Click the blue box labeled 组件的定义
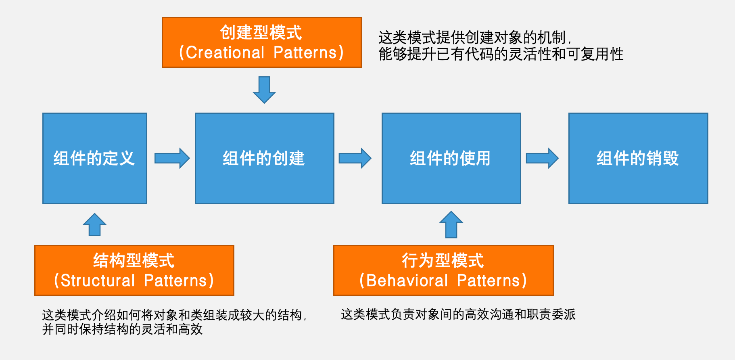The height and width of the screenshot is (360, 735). (95, 158)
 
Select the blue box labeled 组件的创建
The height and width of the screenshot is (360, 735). (264, 158)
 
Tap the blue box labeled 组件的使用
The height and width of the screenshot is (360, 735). (451, 158)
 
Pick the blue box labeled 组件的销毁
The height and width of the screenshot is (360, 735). (638, 158)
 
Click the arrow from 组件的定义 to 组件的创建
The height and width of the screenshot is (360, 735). (172, 158)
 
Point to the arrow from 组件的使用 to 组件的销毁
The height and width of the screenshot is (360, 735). (542, 158)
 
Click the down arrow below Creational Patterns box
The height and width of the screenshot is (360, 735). (264, 90)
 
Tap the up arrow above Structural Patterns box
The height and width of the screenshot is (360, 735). (94, 225)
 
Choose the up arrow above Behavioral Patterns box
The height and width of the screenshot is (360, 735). (451, 225)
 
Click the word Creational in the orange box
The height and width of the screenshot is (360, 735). (225, 53)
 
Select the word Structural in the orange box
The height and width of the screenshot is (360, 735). (98, 281)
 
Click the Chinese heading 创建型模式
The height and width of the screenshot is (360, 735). (261, 33)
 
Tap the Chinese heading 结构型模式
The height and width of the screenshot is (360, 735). (134, 261)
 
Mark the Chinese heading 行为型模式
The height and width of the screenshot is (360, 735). (443, 261)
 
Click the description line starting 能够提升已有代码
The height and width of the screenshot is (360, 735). (501, 54)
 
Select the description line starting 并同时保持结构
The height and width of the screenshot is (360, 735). (122, 329)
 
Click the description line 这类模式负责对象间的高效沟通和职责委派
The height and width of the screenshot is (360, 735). (458, 314)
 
